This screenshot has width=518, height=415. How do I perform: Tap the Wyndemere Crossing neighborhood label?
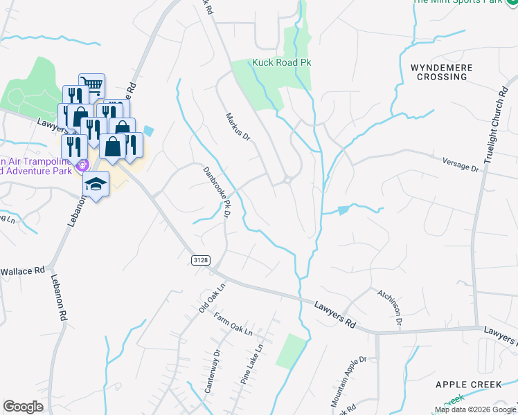tap(442, 72)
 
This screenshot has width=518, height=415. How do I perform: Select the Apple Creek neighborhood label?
tap(468, 384)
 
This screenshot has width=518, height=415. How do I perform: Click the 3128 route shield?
tap(200, 259)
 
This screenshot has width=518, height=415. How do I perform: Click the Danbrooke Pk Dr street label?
tap(216, 193)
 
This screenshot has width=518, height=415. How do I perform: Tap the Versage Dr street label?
tap(461, 164)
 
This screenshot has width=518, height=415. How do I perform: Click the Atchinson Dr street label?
tap(389, 306)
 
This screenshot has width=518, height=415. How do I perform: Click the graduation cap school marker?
tap(97, 184)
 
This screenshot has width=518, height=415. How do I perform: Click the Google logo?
tap(23, 407)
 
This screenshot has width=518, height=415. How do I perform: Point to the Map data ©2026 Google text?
tap(476, 409)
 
